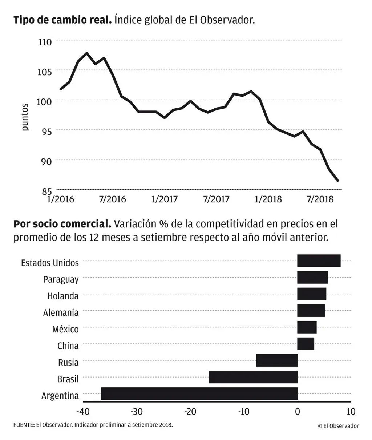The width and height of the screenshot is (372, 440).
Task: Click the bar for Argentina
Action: click(199, 393)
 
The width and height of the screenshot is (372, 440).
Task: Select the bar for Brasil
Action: click(253, 377)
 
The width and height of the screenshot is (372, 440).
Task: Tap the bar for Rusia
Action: click(277, 360)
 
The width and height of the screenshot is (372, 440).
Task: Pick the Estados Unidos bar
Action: click(319, 261)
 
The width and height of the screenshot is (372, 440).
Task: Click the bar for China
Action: click(306, 344)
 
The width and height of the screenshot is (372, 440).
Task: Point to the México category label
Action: click(65, 329)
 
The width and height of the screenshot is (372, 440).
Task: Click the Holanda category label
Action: click(63, 296)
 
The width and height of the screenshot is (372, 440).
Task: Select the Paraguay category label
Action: click(61, 279)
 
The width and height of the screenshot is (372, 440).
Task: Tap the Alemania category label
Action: click(61, 312)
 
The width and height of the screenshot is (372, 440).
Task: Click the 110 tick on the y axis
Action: click(45, 42)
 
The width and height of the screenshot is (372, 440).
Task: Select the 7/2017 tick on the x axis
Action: click(216, 199)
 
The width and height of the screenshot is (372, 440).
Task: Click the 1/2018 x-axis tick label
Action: click(268, 199)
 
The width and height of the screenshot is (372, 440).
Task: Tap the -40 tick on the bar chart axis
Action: click(83, 412)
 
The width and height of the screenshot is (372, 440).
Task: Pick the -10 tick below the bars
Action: click(244, 412)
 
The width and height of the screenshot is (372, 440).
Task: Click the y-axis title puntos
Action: click(25, 117)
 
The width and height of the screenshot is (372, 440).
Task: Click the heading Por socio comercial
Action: click(62, 223)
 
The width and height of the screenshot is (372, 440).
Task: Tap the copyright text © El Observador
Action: click(338, 426)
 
